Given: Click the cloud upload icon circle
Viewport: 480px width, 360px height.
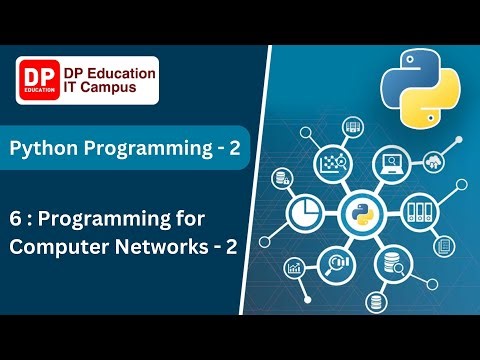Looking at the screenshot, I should [x=437, y=162].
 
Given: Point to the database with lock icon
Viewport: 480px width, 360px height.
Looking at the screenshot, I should [x=283, y=177].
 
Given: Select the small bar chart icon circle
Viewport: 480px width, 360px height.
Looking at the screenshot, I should [x=295, y=268].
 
